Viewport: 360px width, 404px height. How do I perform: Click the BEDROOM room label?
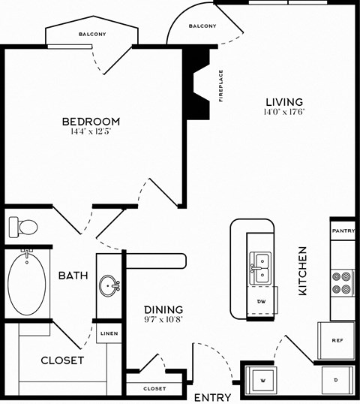pyautogui.click(x=91, y=121)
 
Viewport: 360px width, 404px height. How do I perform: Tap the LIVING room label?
pyautogui.click(x=284, y=101)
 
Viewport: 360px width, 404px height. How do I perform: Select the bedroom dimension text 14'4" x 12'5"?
pyautogui.click(x=91, y=132)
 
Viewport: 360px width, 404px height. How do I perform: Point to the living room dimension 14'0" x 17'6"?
pyautogui.click(x=284, y=112)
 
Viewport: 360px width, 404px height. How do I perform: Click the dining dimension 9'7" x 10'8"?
pyautogui.click(x=163, y=319)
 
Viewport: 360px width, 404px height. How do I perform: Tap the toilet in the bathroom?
pyautogui.click(x=24, y=226)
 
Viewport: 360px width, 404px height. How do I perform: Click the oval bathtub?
pyautogui.click(x=27, y=286)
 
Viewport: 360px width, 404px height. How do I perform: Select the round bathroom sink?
pyautogui.click(x=109, y=285)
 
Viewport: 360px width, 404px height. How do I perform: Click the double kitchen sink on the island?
pyautogui.click(x=259, y=263)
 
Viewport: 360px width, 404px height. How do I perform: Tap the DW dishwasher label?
pyautogui.click(x=262, y=301)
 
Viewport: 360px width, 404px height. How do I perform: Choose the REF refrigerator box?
pyautogui.click(x=337, y=340)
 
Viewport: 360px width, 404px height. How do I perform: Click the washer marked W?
pyautogui.click(x=262, y=380)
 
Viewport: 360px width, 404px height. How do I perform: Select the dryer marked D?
pyautogui.click(x=335, y=380)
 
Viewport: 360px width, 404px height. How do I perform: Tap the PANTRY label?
pyautogui.click(x=343, y=231)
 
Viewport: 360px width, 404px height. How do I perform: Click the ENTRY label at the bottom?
pyautogui.click(x=212, y=397)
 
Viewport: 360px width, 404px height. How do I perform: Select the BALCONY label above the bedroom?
pyautogui.click(x=92, y=35)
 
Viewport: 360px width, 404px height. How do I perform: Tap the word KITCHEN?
pyautogui.click(x=304, y=270)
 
